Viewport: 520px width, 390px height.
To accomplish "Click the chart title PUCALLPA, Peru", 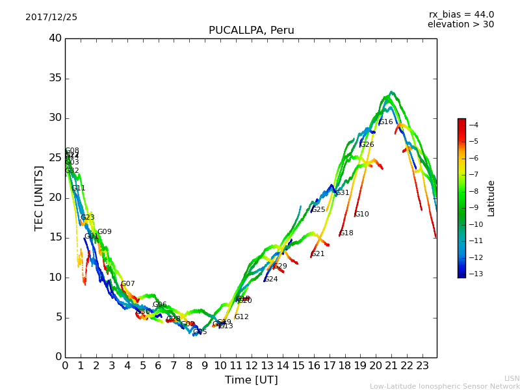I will click(x=251, y=31).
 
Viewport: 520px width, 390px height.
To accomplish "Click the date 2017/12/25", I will click(x=51, y=18).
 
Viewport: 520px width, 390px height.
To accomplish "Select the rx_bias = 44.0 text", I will click(x=461, y=15).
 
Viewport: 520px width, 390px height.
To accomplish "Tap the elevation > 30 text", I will click(x=460, y=25).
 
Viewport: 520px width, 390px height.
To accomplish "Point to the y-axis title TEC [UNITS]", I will click(x=39, y=198).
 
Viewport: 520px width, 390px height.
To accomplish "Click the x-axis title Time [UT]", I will click(x=251, y=380).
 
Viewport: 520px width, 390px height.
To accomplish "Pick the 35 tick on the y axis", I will click(x=55, y=79).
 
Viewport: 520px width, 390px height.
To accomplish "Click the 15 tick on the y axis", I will click(x=55, y=238).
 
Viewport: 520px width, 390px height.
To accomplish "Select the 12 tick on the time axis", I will click(x=252, y=365).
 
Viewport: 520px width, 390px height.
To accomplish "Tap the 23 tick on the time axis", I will click(x=422, y=365).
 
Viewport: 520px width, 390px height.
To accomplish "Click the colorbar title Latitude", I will click(x=491, y=198).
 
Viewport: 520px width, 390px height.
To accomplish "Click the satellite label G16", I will click(x=386, y=122).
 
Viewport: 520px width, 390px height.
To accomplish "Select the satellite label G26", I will click(x=367, y=145).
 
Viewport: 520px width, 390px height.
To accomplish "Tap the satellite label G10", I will click(x=361, y=214).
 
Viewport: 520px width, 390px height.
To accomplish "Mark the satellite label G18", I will click(x=346, y=233).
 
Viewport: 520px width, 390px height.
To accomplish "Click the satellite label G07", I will click(x=128, y=284).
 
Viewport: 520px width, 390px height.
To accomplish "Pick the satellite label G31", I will click(x=343, y=193).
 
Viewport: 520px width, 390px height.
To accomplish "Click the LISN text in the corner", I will click(x=512, y=378).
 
